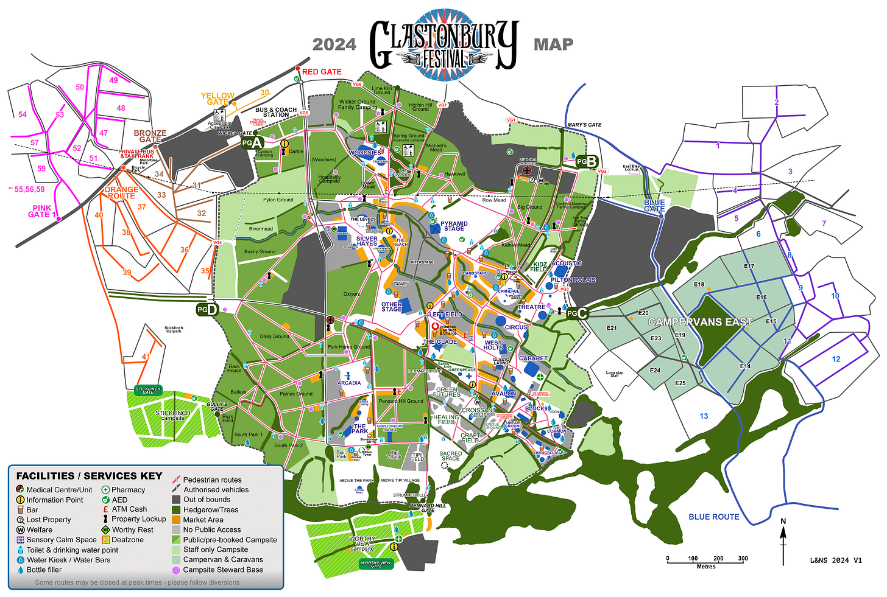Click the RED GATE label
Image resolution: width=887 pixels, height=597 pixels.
(322, 72)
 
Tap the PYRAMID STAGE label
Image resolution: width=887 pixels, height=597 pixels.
(454, 226)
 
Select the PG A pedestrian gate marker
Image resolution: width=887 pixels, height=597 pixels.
(252, 143)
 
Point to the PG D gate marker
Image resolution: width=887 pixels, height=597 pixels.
(207, 310)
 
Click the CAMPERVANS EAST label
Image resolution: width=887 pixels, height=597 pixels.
(700, 322)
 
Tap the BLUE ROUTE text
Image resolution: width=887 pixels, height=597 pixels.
(713, 517)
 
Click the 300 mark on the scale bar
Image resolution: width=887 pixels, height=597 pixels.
(743, 558)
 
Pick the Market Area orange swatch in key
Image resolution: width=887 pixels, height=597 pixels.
(176, 520)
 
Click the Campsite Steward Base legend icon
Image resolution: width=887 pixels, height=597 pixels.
(176, 570)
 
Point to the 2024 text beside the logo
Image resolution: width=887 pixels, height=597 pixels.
(334, 44)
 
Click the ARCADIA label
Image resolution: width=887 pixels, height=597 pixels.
(349, 383)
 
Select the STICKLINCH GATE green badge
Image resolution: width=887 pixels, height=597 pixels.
(148, 391)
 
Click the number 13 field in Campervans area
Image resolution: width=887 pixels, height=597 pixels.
(704, 416)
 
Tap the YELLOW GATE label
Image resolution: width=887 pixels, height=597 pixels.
(217, 99)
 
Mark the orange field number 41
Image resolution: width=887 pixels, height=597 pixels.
(146, 357)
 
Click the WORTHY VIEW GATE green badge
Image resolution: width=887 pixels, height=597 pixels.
(376, 564)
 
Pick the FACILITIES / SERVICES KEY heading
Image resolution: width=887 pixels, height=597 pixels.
(90, 476)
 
